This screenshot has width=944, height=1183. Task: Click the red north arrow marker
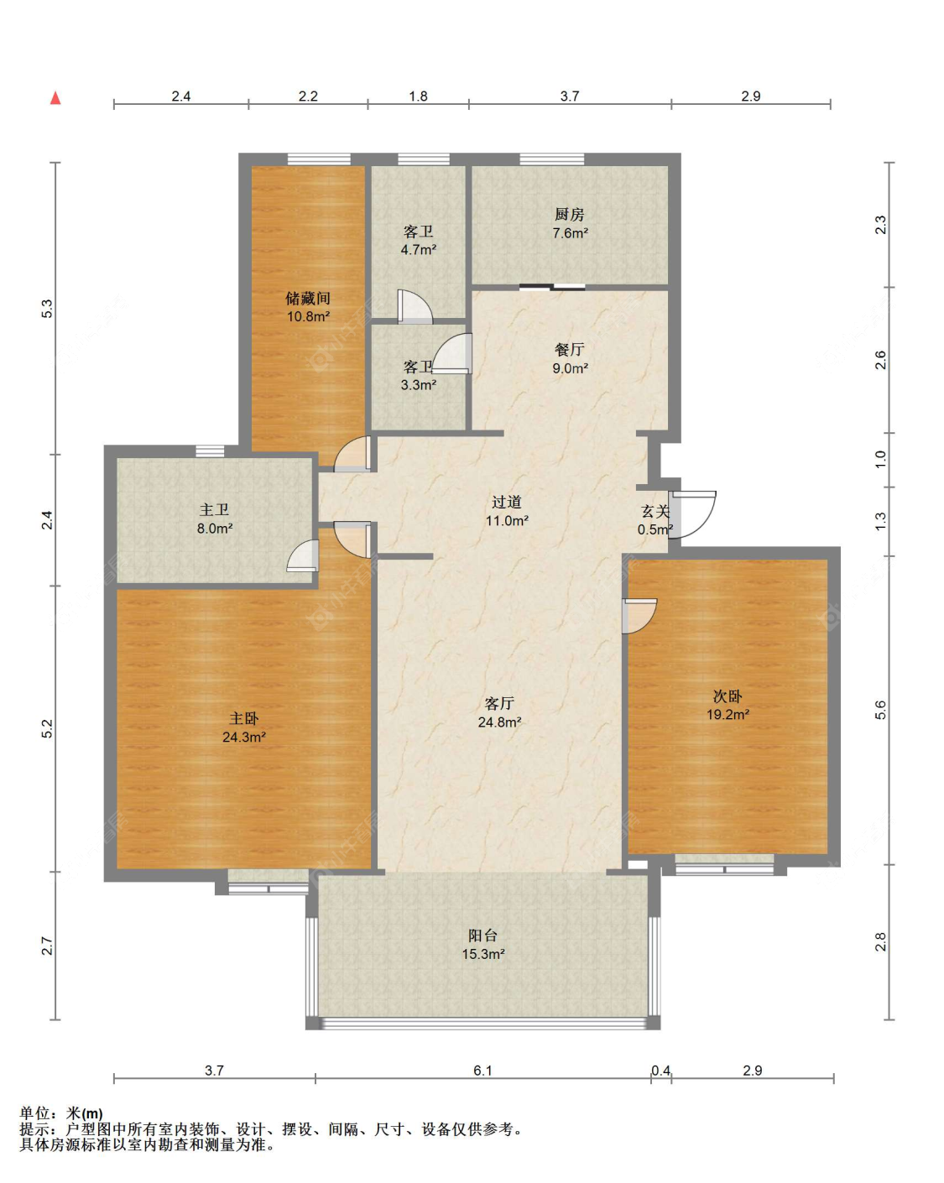click(x=55, y=98)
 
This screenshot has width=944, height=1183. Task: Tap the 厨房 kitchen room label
click(x=569, y=214)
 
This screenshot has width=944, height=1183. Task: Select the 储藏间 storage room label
click(x=308, y=299)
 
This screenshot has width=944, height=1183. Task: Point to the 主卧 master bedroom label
click(x=243, y=718)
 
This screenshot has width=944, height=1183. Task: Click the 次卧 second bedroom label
click(x=728, y=696)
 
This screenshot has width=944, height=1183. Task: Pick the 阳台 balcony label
click(x=482, y=935)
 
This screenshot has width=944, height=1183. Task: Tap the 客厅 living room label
click(x=499, y=703)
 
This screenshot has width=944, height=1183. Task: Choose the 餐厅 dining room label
click(x=569, y=349)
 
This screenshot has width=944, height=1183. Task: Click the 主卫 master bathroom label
click(x=214, y=509)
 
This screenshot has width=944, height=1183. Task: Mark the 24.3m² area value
click(x=243, y=737)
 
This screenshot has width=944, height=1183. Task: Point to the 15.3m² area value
click(x=482, y=954)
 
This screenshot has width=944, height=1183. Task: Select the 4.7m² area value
click(x=418, y=249)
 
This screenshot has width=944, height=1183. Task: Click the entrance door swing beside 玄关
click(x=693, y=514)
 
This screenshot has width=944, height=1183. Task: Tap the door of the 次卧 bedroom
click(x=639, y=616)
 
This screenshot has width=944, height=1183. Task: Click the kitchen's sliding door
click(x=552, y=286)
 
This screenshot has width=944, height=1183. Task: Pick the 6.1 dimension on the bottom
click(x=482, y=1071)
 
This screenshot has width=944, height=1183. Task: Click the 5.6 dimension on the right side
click(x=880, y=710)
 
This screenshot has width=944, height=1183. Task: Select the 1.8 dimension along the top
click(x=418, y=96)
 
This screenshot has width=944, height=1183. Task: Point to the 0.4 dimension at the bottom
click(x=661, y=1071)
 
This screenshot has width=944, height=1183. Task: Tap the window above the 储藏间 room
click(x=319, y=159)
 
